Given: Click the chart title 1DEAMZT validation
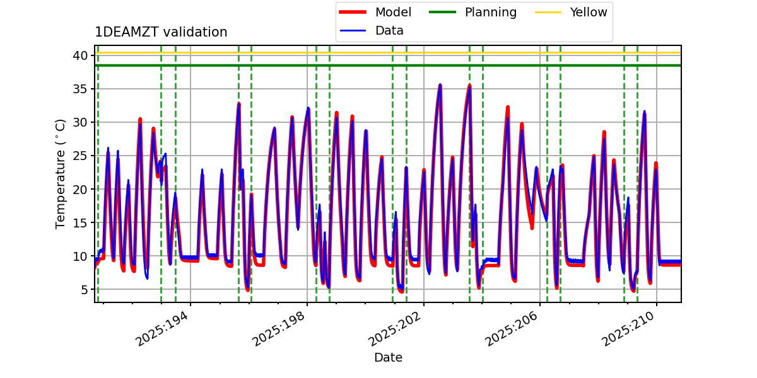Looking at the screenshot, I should point(161,32).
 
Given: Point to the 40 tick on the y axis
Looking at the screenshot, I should point(79,55).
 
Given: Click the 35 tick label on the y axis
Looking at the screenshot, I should point(79,89).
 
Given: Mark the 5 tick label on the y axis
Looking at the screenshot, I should point(83,290).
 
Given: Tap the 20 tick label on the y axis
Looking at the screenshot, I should point(79,189).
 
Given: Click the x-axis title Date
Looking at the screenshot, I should point(388,357).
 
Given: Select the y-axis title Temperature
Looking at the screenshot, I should point(61,173).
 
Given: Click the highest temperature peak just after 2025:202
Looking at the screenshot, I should point(440,84).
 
